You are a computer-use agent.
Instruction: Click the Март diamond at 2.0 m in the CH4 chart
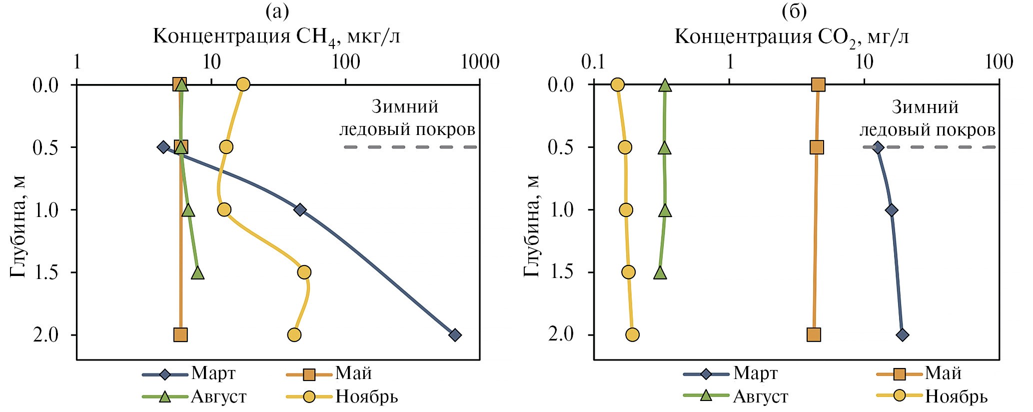pyautogui.click(x=454, y=335)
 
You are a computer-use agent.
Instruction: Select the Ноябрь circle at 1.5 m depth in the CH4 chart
pyautogui.click(x=304, y=272)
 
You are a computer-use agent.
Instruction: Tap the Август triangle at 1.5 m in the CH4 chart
pyautogui.click(x=198, y=273)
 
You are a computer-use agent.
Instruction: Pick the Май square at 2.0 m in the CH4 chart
pyautogui.click(x=180, y=335)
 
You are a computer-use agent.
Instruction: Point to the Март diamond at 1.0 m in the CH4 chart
pyautogui.click(x=300, y=209)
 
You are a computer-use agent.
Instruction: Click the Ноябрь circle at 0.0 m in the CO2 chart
pyautogui.click(x=618, y=85)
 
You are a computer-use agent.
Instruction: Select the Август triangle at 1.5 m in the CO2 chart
pyautogui.click(x=661, y=273)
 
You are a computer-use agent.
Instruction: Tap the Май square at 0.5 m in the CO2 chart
pyautogui.click(x=817, y=147)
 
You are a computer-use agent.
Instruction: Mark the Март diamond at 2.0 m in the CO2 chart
pyautogui.click(x=902, y=335)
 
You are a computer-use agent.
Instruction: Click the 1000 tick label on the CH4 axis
pyautogui.click(x=480, y=62)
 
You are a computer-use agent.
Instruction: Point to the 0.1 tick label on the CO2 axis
pyautogui.click(x=594, y=62)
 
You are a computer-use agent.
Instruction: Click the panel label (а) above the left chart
pyautogui.click(x=277, y=11)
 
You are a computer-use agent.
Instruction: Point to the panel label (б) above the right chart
pyautogui.click(x=794, y=11)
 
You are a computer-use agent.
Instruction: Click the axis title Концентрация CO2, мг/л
pyautogui.click(x=792, y=37)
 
